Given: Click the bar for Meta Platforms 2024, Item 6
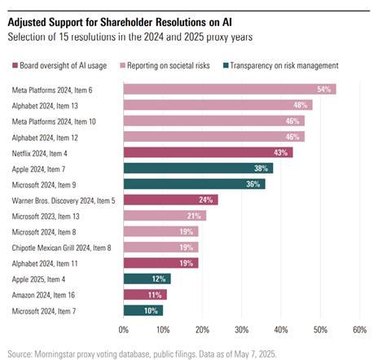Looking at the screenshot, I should click(x=229, y=89).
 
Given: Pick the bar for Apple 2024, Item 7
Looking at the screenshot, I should click(x=198, y=168).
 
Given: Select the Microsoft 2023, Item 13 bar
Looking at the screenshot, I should click(x=165, y=215).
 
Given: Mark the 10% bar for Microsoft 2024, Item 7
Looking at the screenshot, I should click(x=143, y=310).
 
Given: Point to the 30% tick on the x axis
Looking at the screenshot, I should click(x=241, y=329).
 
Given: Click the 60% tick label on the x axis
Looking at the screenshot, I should click(x=359, y=329).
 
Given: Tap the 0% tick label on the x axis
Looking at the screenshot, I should click(x=124, y=329).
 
